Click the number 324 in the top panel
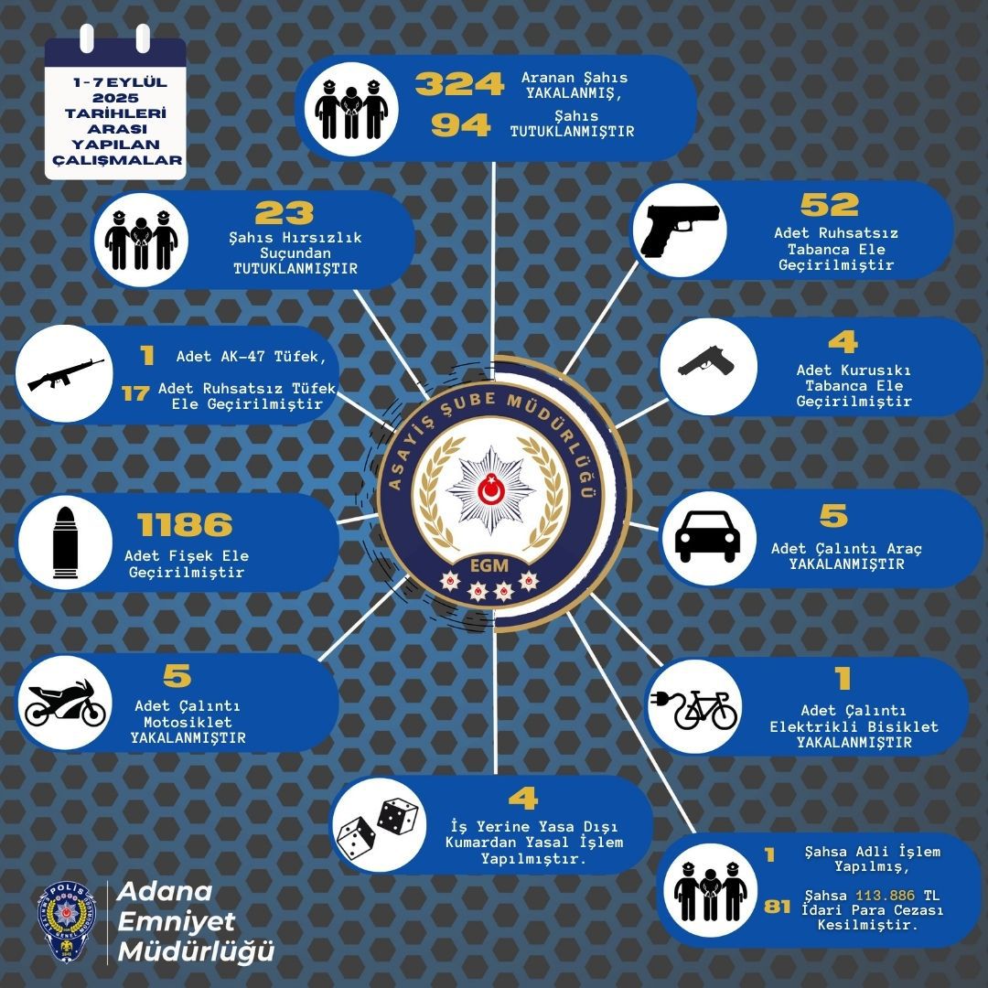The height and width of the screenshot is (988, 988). point(459,84)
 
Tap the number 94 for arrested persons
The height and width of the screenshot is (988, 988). point(460,124)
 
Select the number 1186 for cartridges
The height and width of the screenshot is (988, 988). point(185,524)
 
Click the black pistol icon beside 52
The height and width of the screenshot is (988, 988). point(680,231)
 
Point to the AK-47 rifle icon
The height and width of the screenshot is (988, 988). point(66,374)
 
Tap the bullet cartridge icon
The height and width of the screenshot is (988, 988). point(66,542)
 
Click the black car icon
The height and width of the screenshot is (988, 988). point(707,536)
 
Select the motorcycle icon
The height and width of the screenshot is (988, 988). point(65,703)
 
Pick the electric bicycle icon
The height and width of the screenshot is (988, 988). point(693,708)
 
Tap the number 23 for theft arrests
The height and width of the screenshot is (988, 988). point(285,213)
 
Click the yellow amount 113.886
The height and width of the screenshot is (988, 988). point(885,896)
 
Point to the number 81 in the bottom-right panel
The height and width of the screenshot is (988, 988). point(777,907)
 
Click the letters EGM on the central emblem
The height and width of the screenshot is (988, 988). point(489,565)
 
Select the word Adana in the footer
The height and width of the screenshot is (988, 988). point(165,892)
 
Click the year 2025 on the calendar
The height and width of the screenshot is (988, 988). point(115,98)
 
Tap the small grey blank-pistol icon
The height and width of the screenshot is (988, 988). point(707,361)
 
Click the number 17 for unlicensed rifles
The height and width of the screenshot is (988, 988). point(135,393)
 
